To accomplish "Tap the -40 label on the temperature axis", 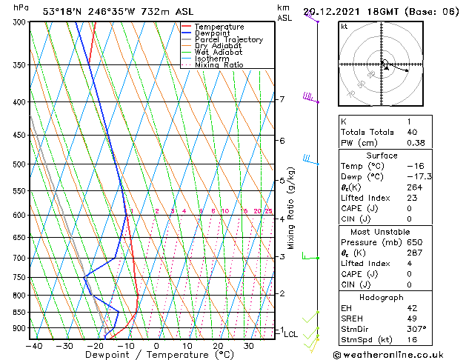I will pos(33,346).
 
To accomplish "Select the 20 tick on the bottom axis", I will pos(218,346).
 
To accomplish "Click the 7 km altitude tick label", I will pos(282,99).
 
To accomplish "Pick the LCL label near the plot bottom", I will pos(291,335).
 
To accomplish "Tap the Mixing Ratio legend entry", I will pos(219,65).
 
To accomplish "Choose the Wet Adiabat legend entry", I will pos(218,53).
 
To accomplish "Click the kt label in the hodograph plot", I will pos(344,26).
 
